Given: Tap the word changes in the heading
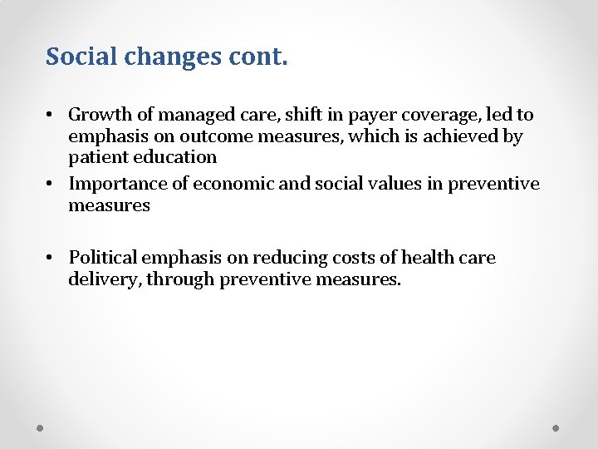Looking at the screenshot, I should [x=162, y=57].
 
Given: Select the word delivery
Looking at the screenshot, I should [x=104, y=279].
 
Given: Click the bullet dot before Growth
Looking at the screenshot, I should [x=51, y=115].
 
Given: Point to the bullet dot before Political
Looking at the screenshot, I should [x=51, y=258].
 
